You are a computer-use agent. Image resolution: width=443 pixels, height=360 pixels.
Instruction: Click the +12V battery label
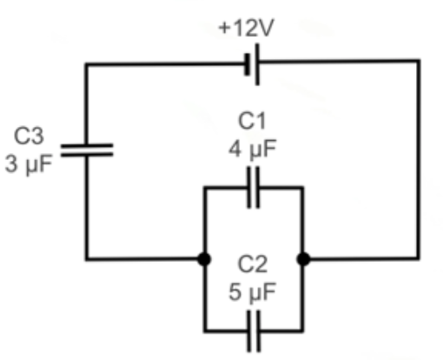(245, 27)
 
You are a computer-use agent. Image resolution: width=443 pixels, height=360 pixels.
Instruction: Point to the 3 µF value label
(29, 163)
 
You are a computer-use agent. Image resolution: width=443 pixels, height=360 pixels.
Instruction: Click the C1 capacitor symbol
(253, 187)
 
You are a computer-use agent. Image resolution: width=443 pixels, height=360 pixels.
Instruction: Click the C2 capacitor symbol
(253, 331)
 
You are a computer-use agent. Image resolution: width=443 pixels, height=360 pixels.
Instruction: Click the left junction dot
(203, 259)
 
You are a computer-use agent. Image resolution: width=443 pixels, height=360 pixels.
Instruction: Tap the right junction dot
(302, 259)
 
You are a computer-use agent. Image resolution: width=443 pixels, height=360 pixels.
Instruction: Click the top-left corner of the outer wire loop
(87, 63)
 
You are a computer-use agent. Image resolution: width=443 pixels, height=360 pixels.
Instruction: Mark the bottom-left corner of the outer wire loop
(87, 259)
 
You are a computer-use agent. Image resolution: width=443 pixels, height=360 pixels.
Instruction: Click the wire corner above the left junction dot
(203, 187)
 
